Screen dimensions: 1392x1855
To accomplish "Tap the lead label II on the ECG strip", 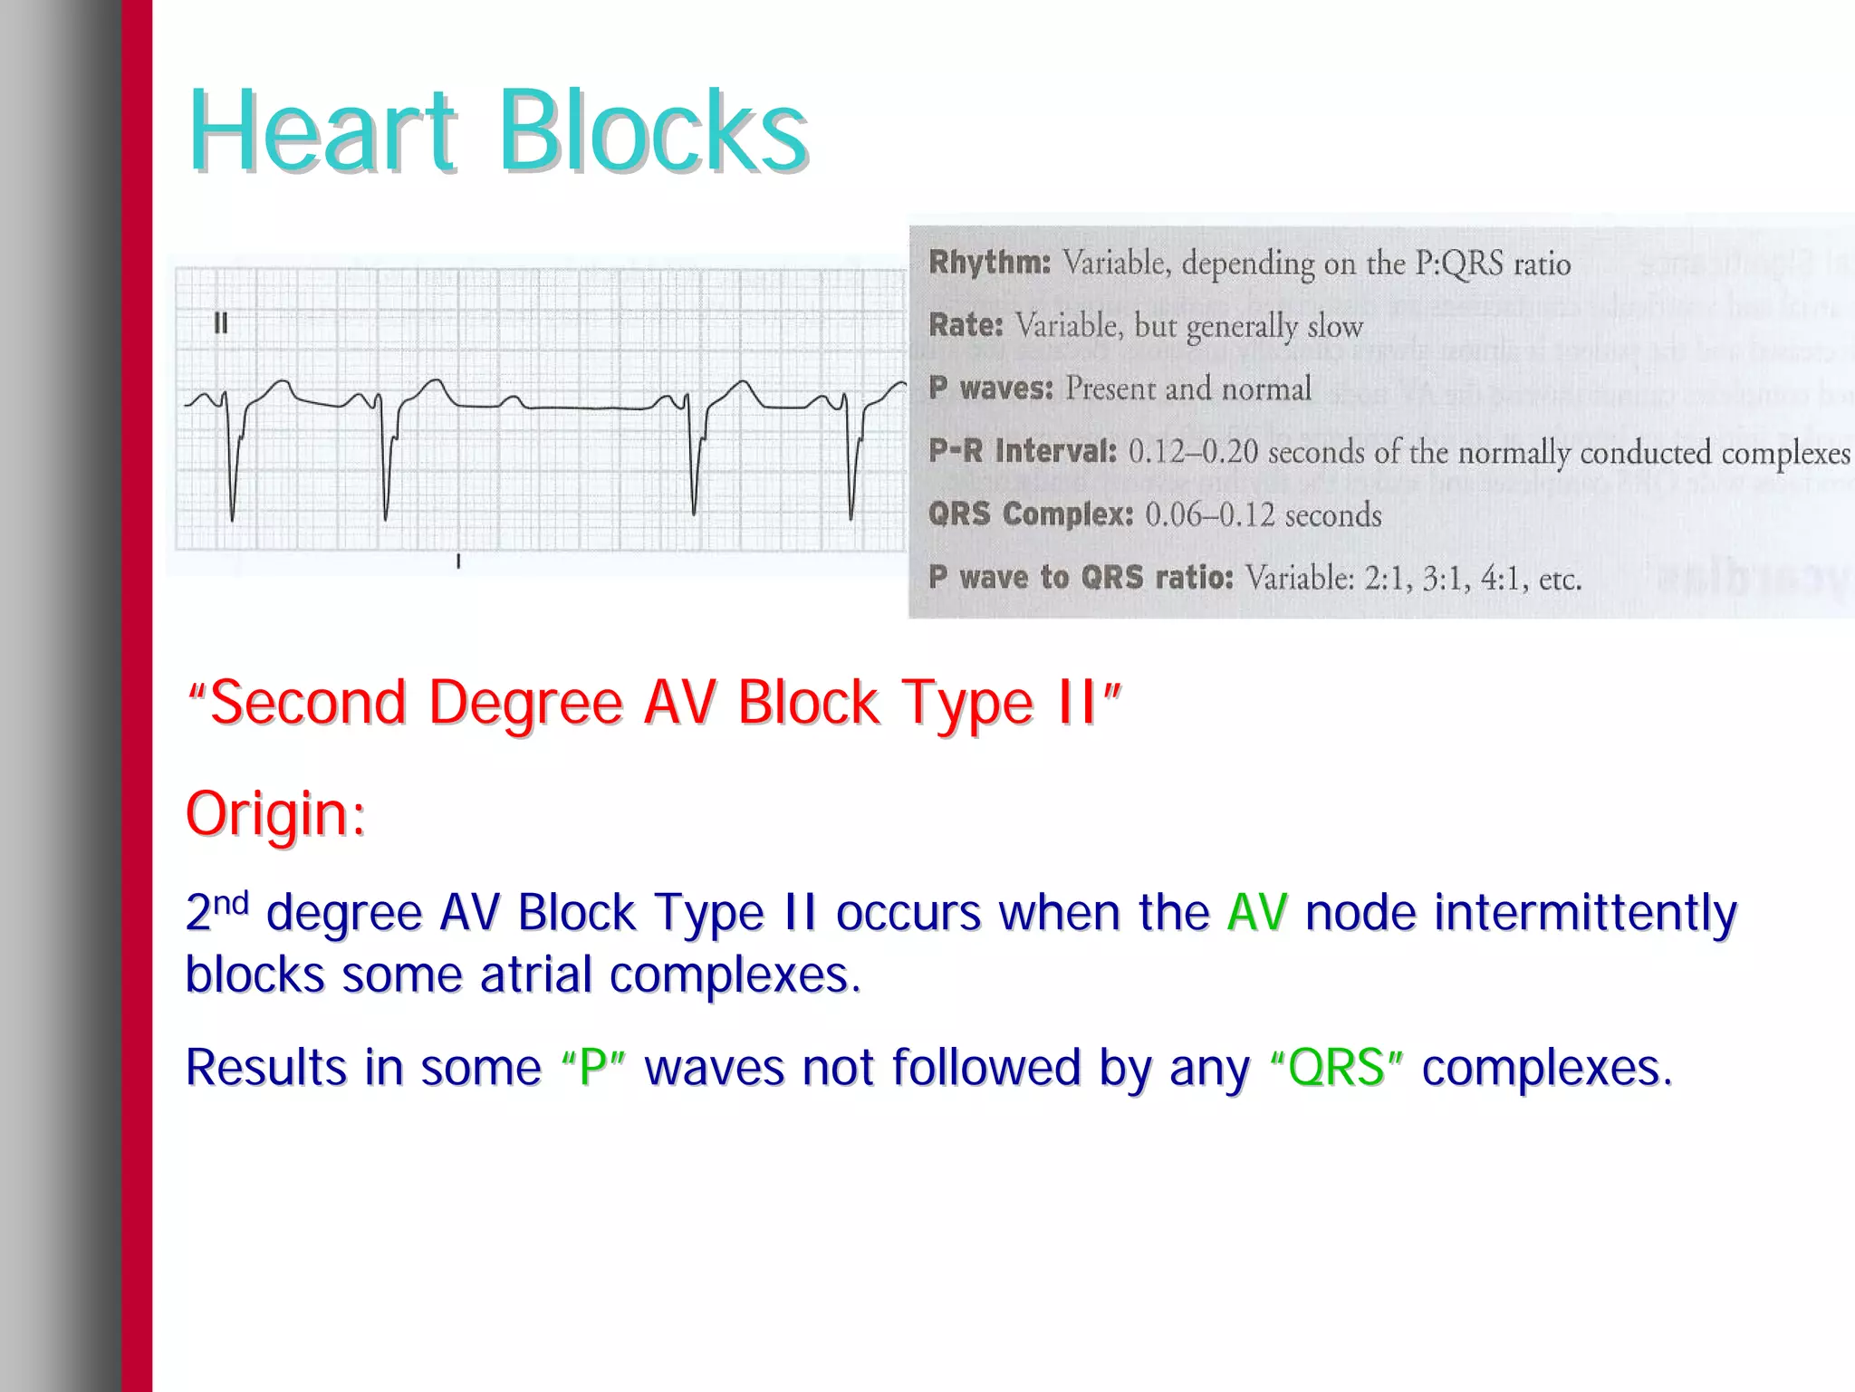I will [x=220, y=323].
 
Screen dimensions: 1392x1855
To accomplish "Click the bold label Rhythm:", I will [x=989, y=263].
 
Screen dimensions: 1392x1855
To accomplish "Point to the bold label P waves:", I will [x=991, y=389].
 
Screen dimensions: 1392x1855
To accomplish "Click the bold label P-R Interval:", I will [x=1022, y=451].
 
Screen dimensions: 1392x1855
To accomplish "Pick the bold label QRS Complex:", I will [x=1030, y=514].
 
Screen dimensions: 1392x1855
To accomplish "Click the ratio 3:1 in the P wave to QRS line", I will [x=1442, y=578].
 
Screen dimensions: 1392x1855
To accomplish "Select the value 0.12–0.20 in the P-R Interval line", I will [x=1192, y=452].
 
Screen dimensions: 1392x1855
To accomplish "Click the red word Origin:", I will [x=275, y=813].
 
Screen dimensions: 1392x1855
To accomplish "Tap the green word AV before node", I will [x=1257, y=912].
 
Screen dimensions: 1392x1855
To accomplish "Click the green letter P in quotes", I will [x=593, y=1067].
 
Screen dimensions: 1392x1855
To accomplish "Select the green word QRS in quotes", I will [x=1336, y=1067].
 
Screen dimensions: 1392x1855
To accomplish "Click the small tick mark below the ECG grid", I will [x=458, y=562].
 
